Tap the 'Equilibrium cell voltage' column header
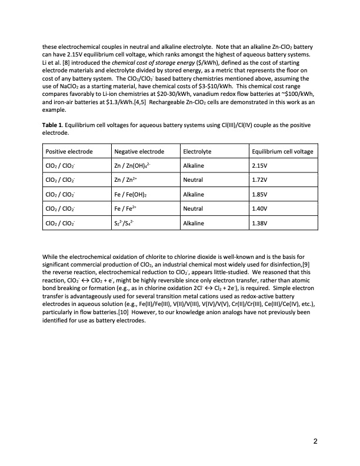tap(282, 152)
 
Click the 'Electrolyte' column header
tap(198, 152)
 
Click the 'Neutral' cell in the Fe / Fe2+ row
tap(194, 209)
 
